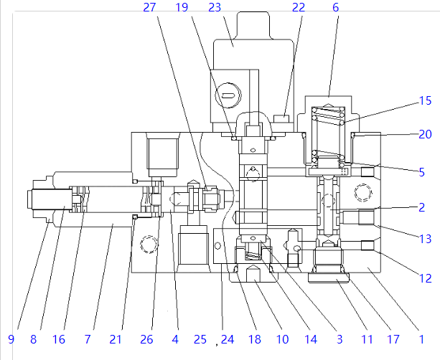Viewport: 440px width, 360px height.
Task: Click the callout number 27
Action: click(x=149, y=7)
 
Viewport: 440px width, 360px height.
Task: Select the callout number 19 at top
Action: click(x=182, y=7)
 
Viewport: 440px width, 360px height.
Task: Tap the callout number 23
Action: click(x=215, y=7)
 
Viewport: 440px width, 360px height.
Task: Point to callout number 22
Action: click(x=299, y=7)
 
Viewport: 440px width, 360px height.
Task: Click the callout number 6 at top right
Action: click(x=336, y=7)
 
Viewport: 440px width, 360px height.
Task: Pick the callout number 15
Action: click(x=425, y=100)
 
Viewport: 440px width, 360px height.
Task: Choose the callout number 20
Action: click(x=425, y=134)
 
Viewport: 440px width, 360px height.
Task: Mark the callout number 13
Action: click(x=425, y=239)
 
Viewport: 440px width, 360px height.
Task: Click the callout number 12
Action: click(x=425, y=278)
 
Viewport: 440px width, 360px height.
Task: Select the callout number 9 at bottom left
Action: click(x=11, y=339)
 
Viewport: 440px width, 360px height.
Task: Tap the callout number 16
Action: click(x=59, y=339)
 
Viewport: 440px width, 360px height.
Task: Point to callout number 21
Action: click(x=116, y=339)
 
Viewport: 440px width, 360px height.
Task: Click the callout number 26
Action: click(x=146, y=339)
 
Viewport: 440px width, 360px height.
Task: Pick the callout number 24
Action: click(x=228, y=339)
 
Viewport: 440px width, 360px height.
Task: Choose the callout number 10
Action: click(x=282, y=339)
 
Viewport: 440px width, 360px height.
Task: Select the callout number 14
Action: click(x=311, y=339)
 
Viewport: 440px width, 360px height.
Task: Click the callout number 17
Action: click(x=393, y=339)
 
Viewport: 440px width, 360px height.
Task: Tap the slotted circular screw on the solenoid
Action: click(x=228, y=95)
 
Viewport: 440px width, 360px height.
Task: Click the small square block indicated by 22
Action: click(x=281, y=118)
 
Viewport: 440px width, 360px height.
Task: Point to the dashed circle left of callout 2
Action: click(x=362, y=193)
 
